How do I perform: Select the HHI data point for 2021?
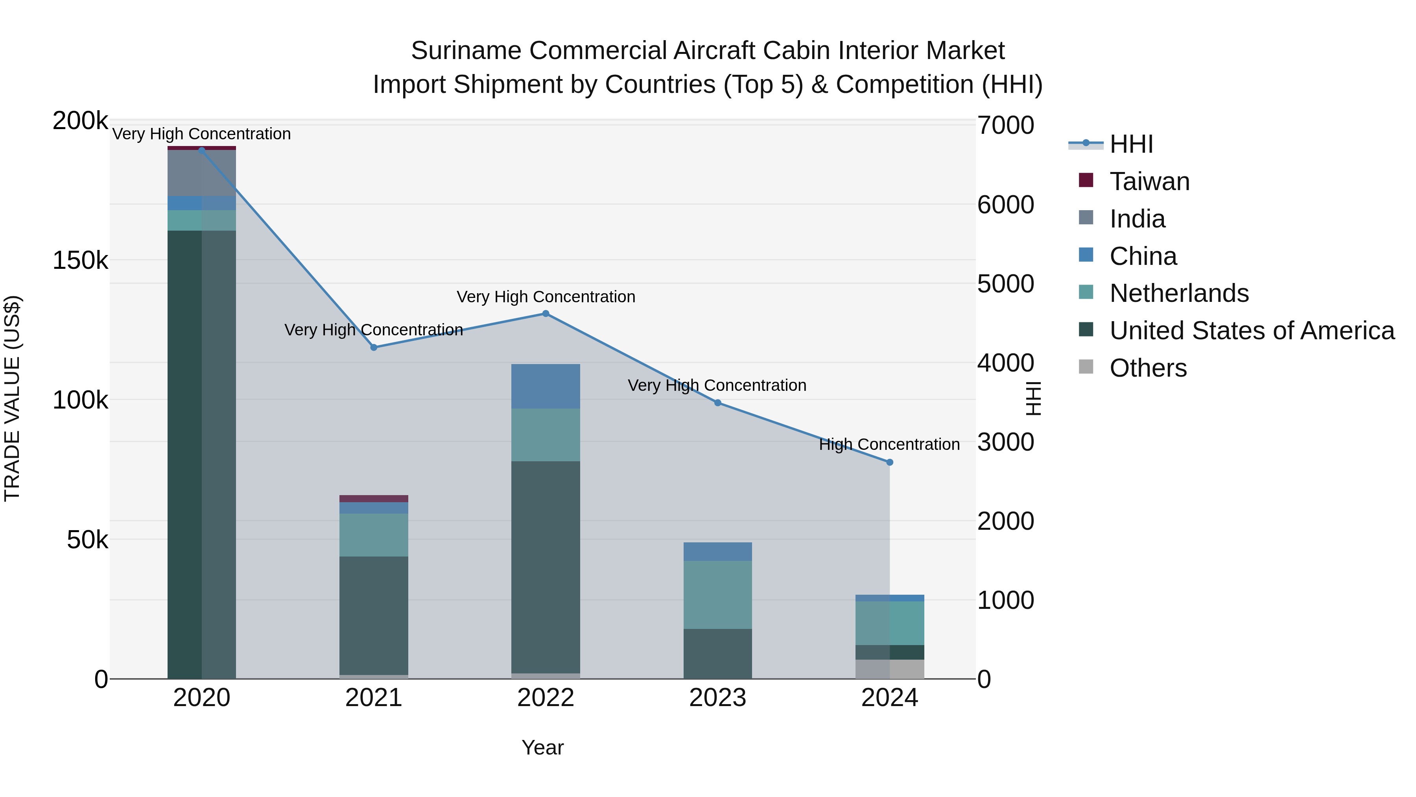pos(374,347)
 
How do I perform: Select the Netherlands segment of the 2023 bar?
pos(717,595)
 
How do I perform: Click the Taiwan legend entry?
pos(1149,181)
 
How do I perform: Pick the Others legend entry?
pos(1148,368)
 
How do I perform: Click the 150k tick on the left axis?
pos(80,260)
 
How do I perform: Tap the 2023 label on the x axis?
pos(717,698)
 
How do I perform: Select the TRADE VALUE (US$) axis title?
pos(12,398)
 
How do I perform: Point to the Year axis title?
pos(542,747)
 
